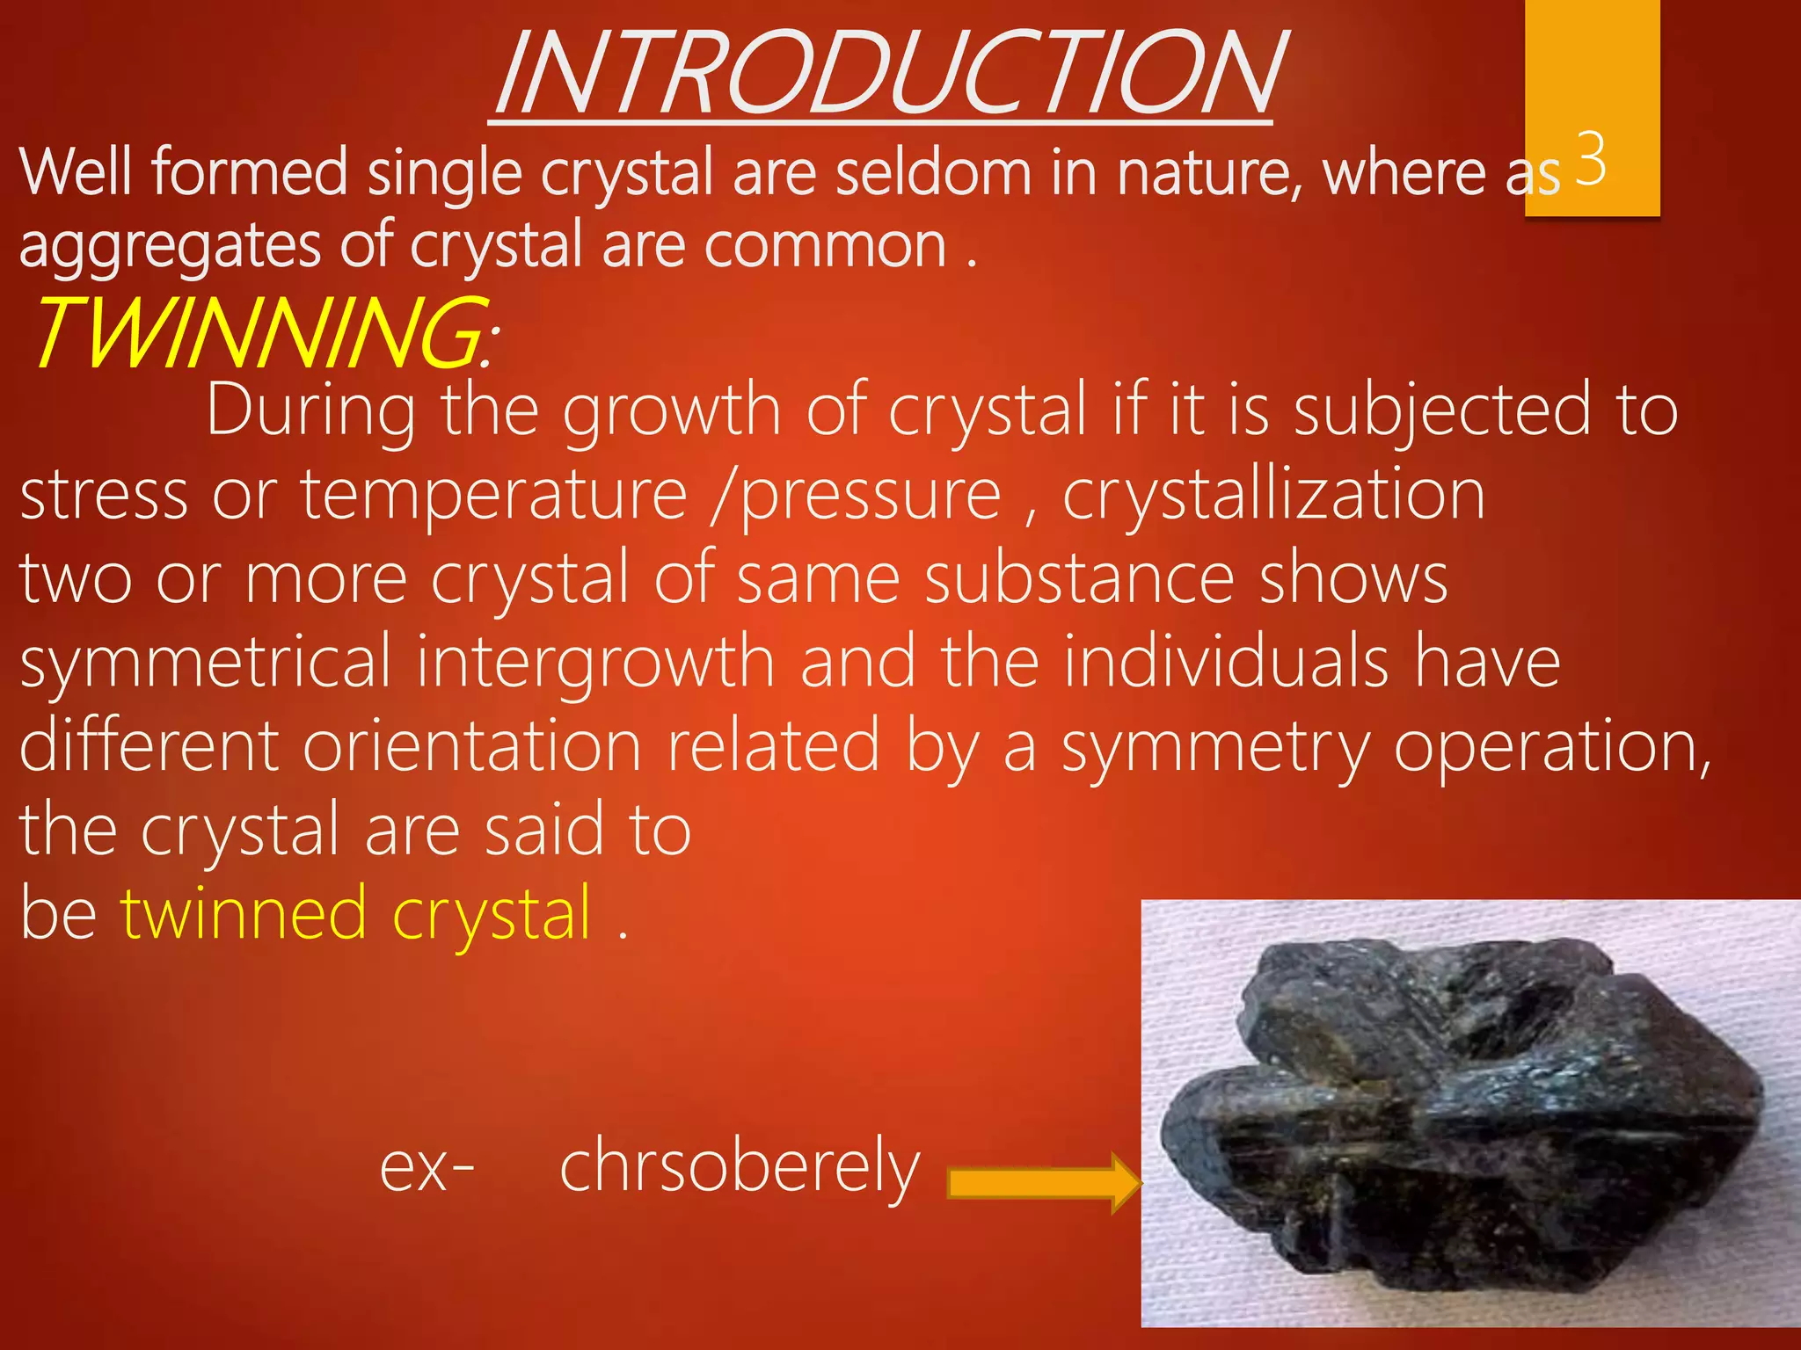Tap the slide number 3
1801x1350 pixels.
point(1592,158)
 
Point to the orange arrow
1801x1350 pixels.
point(1043,1183)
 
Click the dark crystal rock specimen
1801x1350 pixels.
point(1460,1116)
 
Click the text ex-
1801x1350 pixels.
point(427,1167)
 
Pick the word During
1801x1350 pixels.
point(311,411)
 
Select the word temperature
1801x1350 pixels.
point(493,496)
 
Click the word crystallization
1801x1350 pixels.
point(1274,496)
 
